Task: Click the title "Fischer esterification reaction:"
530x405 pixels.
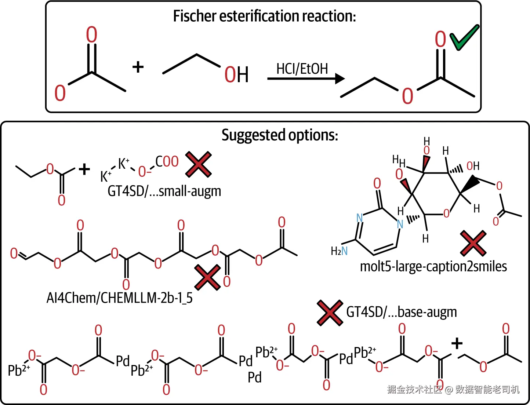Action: click(265, 16)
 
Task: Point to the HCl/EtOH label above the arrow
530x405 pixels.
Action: click(302, 69)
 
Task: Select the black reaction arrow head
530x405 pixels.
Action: click(340, 79)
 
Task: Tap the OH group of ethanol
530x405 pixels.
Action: click(236, 74)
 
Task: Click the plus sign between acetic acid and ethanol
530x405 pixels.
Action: click(138, 67)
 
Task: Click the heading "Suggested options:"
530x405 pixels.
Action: click(280, 135)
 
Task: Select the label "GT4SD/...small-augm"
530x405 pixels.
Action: click(164, 191)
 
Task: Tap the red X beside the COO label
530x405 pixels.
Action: click(199, 164)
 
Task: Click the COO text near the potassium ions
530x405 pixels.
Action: click(167, 161)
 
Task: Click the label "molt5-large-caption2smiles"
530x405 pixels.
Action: click(433, 267)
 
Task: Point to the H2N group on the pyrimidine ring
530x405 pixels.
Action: click(339, 251)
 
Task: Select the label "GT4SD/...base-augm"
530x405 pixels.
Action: click(402, 312)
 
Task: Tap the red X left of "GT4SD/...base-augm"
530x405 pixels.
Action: click(330, 313)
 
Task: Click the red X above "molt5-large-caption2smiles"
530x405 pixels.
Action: click(473, 243)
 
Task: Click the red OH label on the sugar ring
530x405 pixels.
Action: click(473, 166)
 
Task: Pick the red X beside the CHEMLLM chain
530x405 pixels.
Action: click(208, 277)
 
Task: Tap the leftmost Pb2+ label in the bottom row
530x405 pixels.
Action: click(19, 370)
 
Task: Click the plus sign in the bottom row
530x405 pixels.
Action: click(457, 343)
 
